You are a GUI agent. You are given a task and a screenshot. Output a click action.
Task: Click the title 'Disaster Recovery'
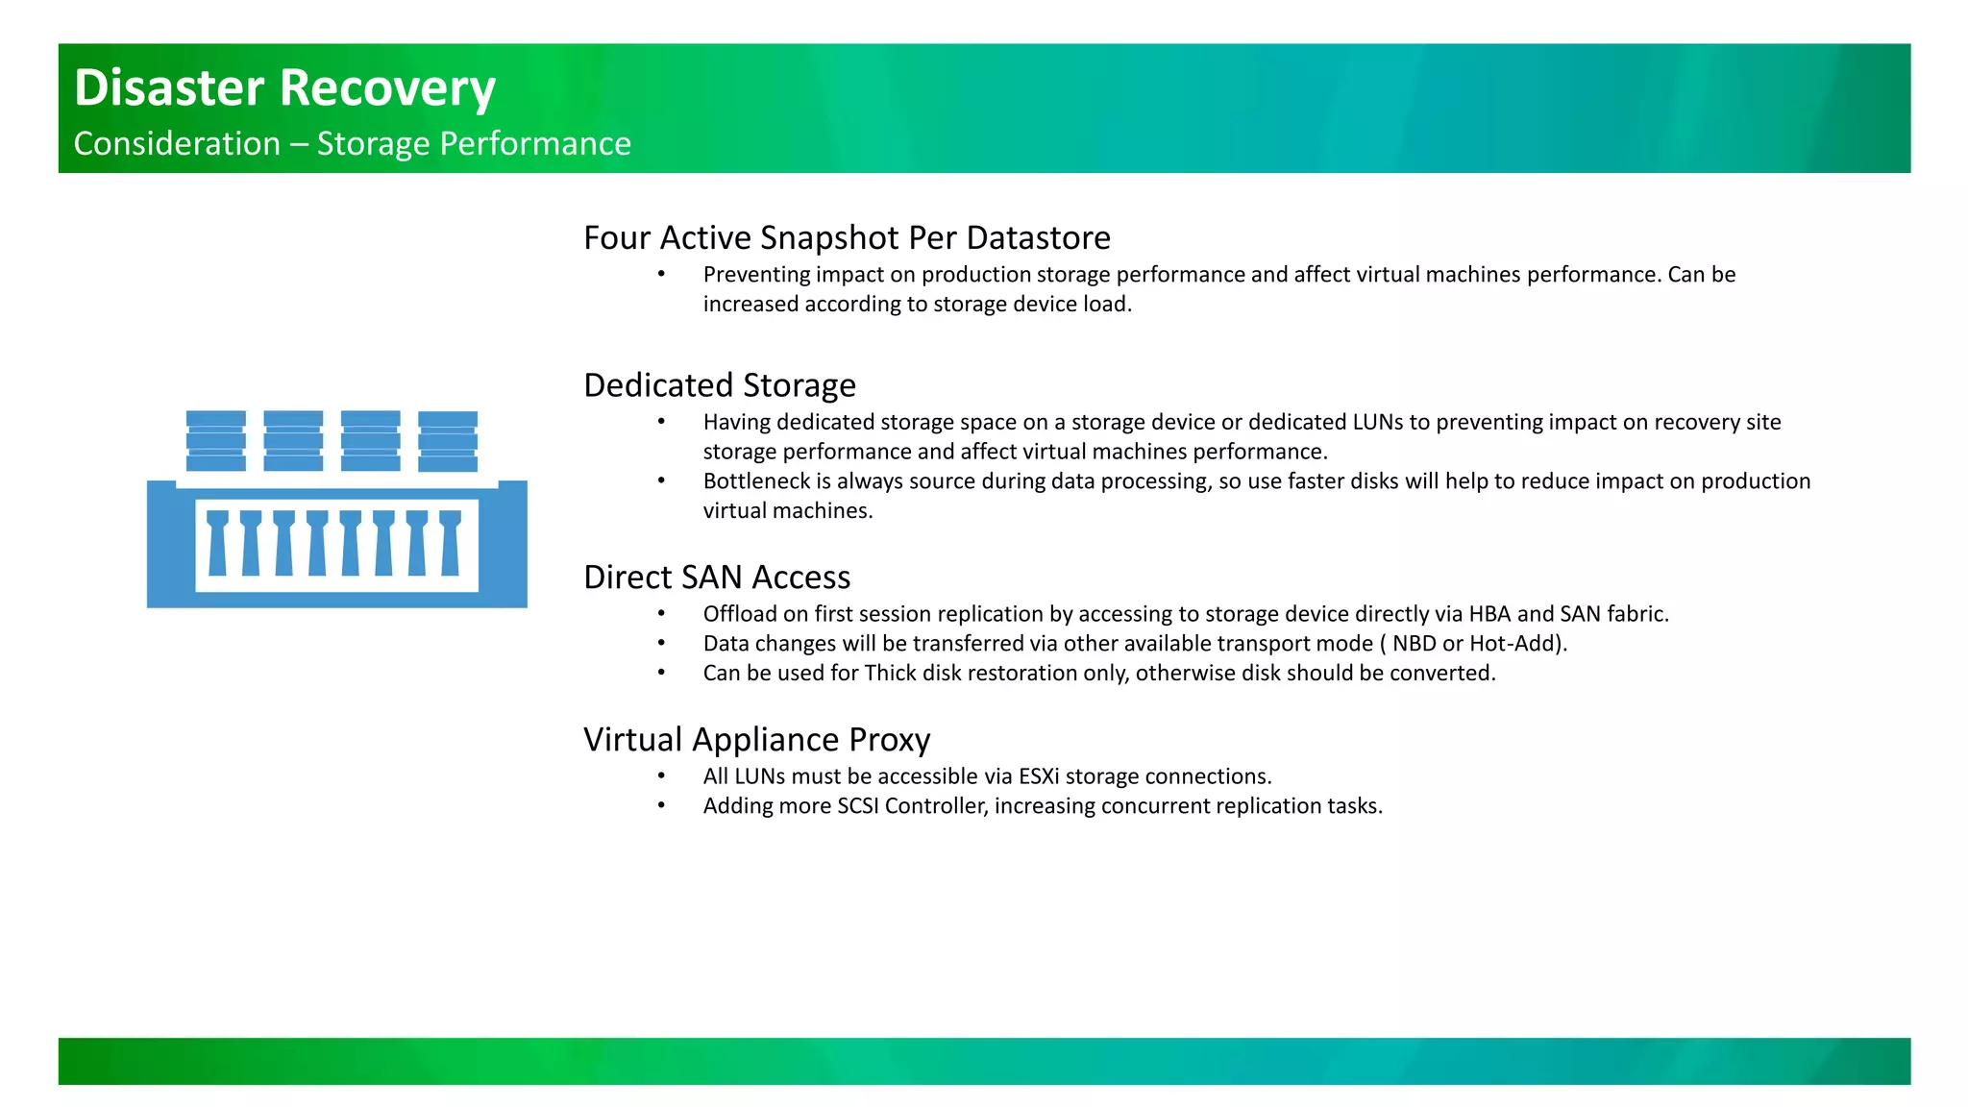(x=284, y=87)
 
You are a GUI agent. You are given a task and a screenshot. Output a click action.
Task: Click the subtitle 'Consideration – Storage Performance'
(x=352, y=143)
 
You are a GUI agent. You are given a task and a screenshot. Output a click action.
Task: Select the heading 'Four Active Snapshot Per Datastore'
(x=847, y=237)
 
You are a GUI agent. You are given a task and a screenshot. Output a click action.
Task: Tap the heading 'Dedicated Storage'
(x=719, y=384)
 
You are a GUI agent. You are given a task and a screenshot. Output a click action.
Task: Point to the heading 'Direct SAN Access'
(x=717, y=577)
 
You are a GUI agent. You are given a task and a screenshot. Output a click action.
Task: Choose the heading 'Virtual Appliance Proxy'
(x=756, y=739)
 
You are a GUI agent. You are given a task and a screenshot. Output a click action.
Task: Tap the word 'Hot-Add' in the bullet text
(x=1512, y=643)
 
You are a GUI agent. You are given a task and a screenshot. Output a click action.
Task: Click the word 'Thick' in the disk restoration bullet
(x=890, y=673)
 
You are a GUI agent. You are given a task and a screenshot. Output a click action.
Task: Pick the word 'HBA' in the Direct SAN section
(x=1489, y=613)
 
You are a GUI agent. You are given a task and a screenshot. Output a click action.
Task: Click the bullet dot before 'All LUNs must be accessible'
(x=661, y=775)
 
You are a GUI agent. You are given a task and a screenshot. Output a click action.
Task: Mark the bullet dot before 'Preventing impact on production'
(x=661, y=274)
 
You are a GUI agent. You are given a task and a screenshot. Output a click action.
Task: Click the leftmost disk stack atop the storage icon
(x=216, y=441)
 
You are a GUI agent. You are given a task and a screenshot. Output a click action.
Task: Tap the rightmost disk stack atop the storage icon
(x=448, y=441)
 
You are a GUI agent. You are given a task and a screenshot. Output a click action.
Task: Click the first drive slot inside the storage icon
(x=218, y=543)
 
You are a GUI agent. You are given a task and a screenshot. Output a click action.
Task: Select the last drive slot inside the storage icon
(x=450, y=543)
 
